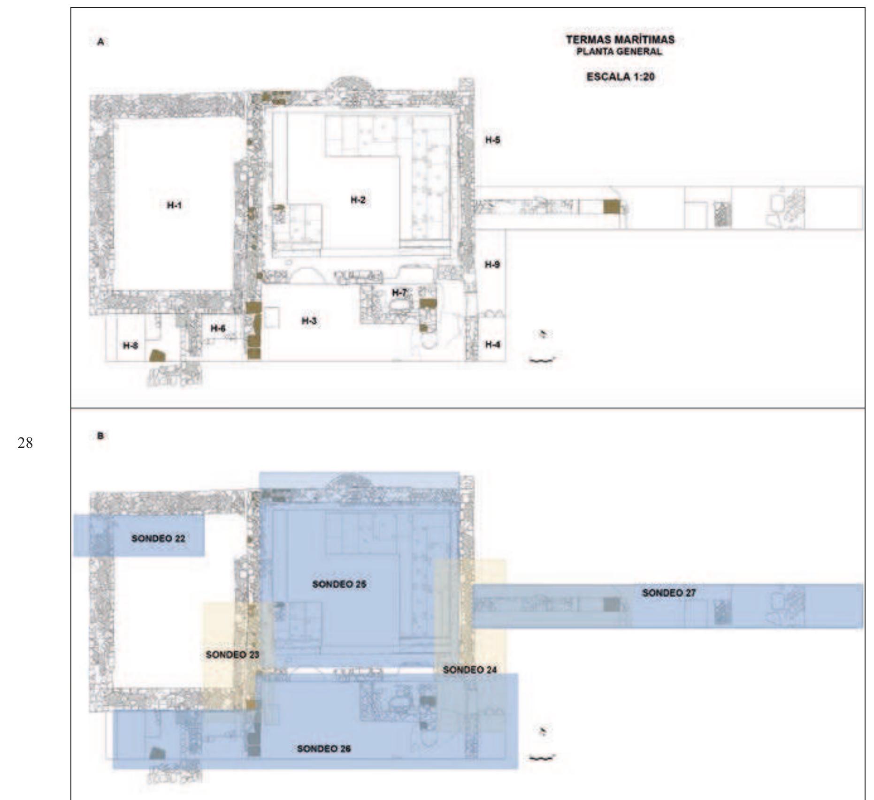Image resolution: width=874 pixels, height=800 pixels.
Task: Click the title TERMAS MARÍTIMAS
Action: click(x=620, y=40)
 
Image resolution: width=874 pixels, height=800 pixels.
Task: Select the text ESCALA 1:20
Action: click(x=620, y=77)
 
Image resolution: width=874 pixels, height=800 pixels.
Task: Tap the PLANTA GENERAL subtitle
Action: click(x=620, y=52)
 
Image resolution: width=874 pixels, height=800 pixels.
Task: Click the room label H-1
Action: click(x=174, y=205)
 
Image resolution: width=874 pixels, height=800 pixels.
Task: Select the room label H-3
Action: click(x=309, y=321)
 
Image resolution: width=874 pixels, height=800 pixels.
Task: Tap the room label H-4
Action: click(x=492, y=345)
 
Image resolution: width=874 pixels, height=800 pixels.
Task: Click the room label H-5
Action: click(x=492, y=140)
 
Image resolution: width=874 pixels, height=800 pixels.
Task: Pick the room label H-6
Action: click(x=218, y=329)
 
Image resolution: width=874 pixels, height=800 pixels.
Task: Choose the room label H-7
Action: click(x=399, y=293)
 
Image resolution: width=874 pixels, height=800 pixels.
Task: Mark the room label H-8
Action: click(x=130, y=346)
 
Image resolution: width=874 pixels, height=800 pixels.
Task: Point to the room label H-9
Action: click(x=492, y=264)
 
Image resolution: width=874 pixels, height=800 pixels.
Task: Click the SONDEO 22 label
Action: click(x=158, y=538)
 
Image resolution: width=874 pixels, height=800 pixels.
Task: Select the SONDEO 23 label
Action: click(x=233, y=655)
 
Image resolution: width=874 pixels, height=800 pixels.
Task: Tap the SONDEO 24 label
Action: click(x=470, y=670)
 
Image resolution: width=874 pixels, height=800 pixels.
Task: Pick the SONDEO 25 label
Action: click(x=339, y=584)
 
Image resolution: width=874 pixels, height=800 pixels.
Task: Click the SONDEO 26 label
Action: click(x=324, y=748)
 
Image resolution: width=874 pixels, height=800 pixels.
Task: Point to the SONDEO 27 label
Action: click(x=669, y=593)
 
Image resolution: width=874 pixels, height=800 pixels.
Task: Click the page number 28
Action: click(x=25, y=443)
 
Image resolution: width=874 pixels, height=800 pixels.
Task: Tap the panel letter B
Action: click(x=100, y=436)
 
